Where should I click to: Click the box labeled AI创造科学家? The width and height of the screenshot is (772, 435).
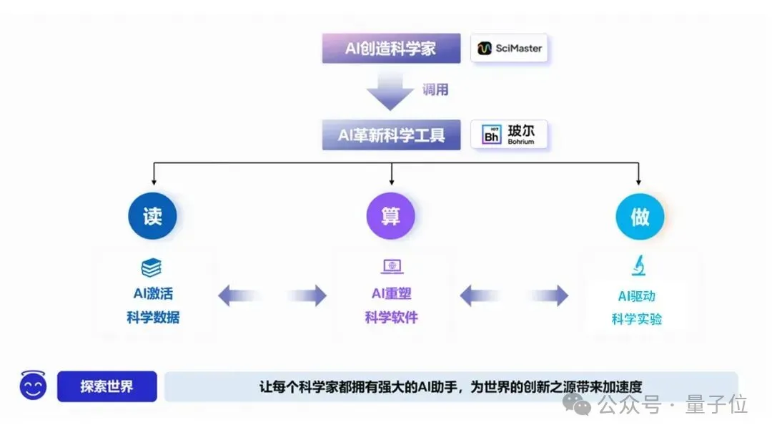(392, 49)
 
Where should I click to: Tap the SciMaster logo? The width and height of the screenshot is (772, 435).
(510, 49)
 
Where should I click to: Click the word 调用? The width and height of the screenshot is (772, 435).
(435, 90)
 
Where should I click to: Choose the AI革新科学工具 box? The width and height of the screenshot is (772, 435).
(392, 135)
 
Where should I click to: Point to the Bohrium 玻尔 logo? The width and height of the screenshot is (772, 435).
(509, 135)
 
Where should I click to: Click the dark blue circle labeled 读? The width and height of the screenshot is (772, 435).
(152, 215)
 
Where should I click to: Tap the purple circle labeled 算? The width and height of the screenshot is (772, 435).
(390, 215)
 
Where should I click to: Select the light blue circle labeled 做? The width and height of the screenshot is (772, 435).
(640, 215)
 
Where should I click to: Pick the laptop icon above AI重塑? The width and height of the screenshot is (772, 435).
(391, 267)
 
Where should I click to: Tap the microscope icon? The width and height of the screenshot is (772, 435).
(638, 266)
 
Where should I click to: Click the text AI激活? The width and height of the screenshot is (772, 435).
(153, 293)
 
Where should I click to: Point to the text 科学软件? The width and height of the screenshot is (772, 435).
(391, 317)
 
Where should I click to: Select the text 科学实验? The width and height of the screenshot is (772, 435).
(637, 318)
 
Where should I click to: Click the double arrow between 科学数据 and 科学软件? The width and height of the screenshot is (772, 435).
(272, 295)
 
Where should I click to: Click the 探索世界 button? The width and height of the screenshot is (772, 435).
(107, 387)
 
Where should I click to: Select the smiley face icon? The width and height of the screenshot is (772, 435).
(33, 386)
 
